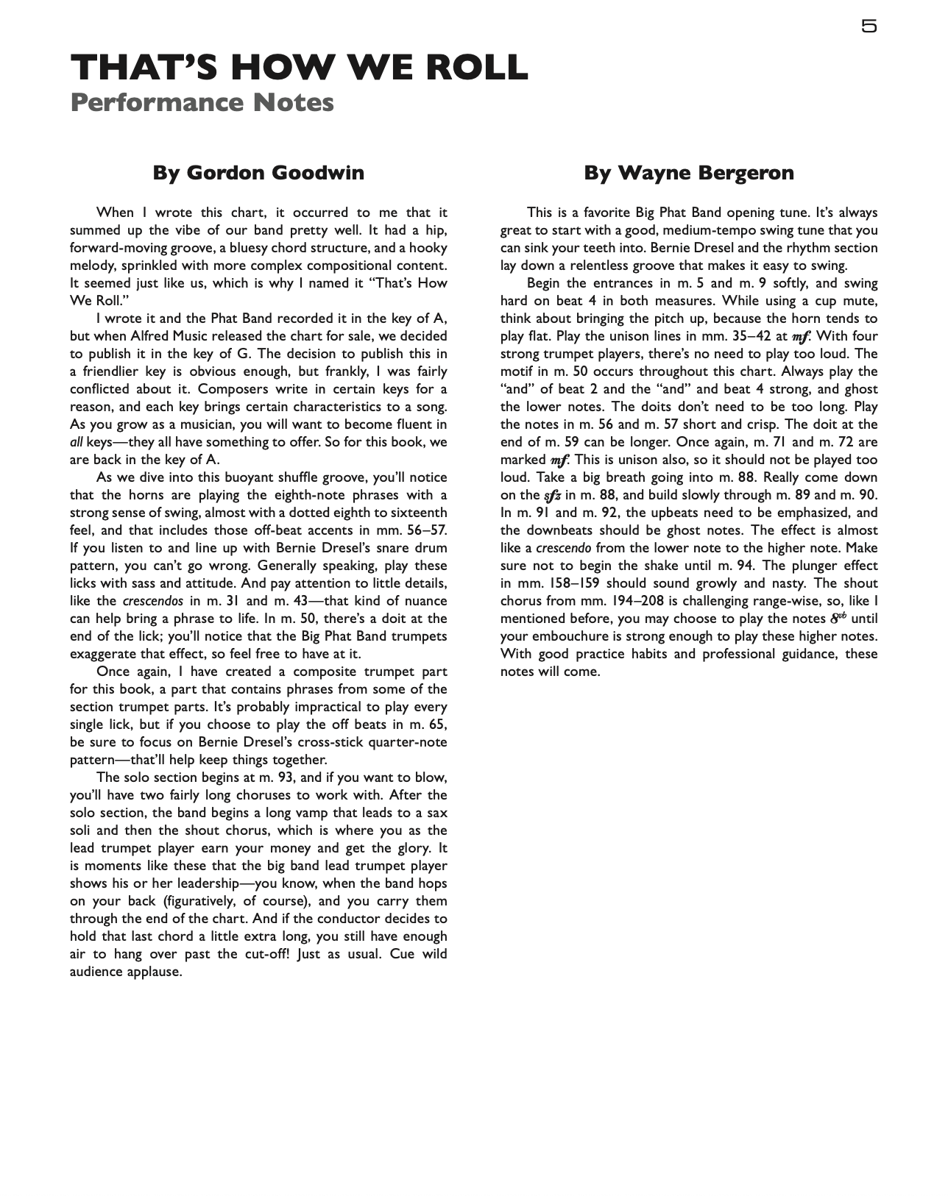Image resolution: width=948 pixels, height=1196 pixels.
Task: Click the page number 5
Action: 869,26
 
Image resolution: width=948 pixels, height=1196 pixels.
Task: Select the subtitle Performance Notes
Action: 202,102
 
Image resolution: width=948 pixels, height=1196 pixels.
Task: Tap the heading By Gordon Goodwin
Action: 258,173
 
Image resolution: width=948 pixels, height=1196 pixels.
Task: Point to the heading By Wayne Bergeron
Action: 689,173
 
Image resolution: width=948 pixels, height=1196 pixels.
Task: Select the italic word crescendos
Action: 152,601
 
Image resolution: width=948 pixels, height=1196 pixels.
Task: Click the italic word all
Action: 76,442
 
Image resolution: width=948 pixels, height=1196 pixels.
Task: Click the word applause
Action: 155,972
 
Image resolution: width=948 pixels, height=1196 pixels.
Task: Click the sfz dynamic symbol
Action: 552,496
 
